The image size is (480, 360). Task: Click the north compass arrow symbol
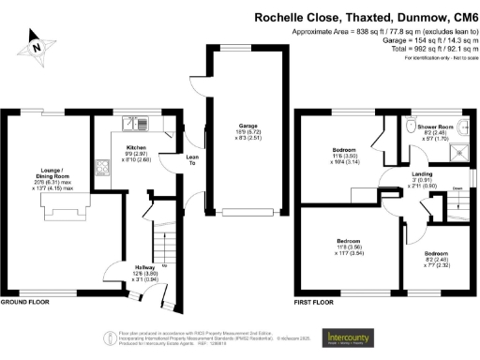[x=36, y=43]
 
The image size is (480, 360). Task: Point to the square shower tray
[x=459, y=150]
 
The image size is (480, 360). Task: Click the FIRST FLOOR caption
[x=314, y=304]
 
